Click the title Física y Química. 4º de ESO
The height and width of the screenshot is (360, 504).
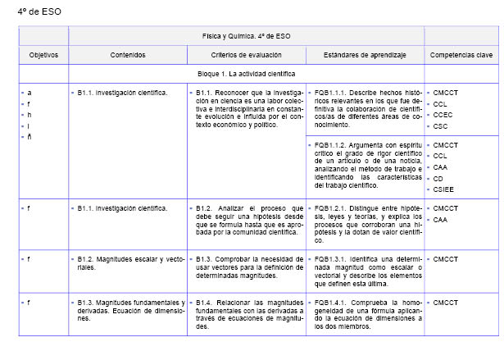[x=246, y=36]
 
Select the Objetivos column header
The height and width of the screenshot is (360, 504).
[x=43, y=55]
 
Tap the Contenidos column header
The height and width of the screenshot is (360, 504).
[x=128, y=55]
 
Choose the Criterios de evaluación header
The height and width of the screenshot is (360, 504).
[x=246, y=55]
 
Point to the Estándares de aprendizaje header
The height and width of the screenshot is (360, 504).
[x=365, y=55]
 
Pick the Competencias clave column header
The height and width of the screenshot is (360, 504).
[x=462, y=55]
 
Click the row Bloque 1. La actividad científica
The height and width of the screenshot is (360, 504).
[x=246, y=74]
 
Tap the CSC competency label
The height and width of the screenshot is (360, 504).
[x=441, y=126]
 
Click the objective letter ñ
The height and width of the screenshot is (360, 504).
[x=30, y=137]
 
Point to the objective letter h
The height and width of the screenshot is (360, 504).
[x=30, y=115]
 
